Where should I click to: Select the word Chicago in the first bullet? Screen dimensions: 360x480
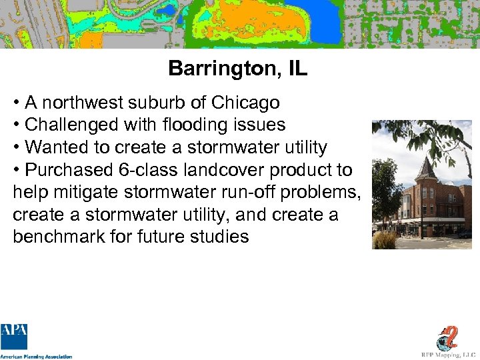pos(245,103)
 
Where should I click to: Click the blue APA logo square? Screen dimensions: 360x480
pos(15,337)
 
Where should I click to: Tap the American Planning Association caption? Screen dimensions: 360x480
pos(36,356)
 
